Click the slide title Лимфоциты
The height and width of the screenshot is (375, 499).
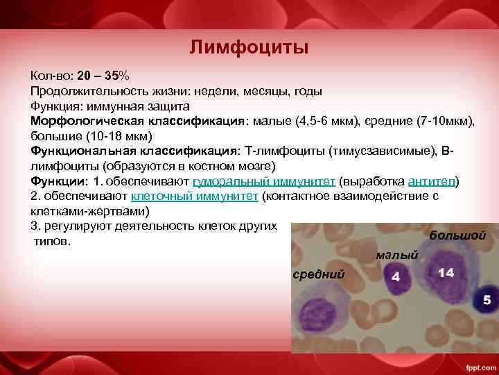tap(249, 48)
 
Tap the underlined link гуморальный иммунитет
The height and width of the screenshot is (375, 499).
tap(264, 181)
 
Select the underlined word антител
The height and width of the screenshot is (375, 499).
tap(432, 181)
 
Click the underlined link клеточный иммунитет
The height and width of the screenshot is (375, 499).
tap(194, 196)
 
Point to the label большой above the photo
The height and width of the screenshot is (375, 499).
tap(457, 235)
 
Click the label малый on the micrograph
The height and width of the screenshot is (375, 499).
tap(396, 256)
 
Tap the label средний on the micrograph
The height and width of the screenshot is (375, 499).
tap(319, 274)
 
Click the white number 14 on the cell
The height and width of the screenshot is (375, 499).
tap(446, 273)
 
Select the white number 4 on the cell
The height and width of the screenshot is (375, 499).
tap(396, 277)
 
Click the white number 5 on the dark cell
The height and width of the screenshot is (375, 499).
tap(487, 300)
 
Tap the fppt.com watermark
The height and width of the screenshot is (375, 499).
tap(478, 367)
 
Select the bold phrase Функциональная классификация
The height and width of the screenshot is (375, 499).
tap(134, 151)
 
